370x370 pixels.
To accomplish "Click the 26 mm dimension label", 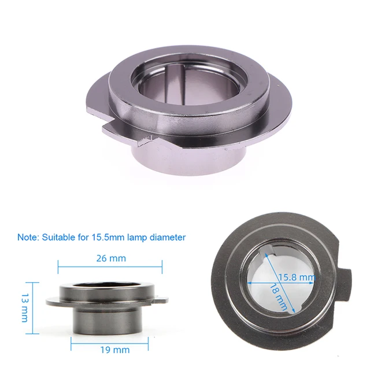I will point(110,258).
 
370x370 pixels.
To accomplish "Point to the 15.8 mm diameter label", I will point(297,277).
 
